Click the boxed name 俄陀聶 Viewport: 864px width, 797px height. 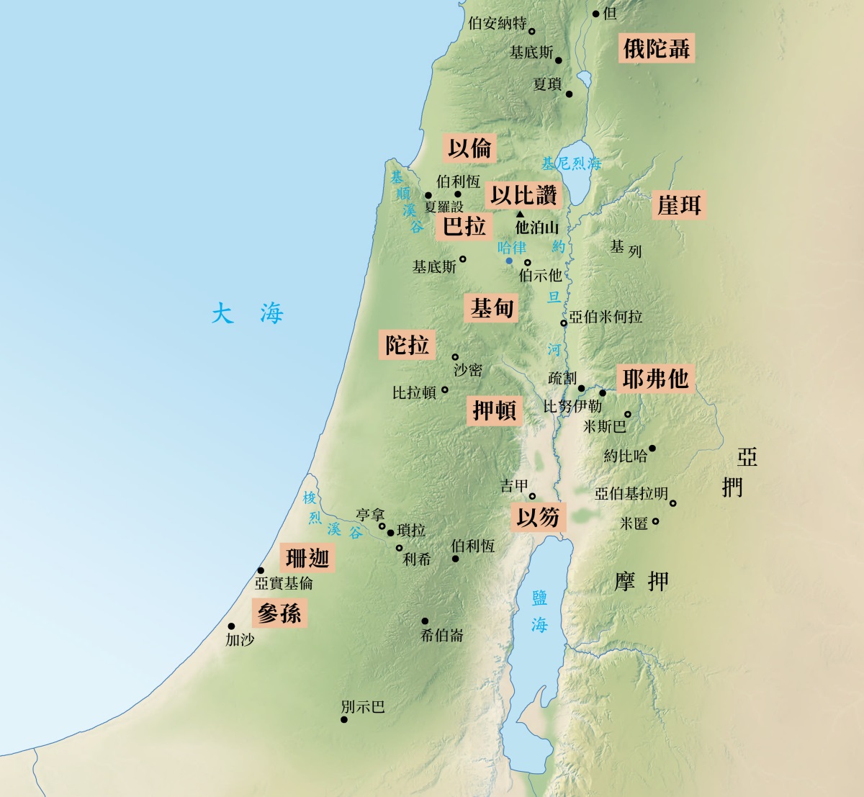[657, 49]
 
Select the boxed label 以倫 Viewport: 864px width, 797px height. [469, 149]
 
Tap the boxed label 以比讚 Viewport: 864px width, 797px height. [523, 195]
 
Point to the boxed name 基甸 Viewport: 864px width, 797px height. [492, 309]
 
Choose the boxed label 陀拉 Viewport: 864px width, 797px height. [407, 345]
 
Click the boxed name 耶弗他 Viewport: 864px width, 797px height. [655, 379]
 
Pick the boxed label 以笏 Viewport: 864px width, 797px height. [538, 517]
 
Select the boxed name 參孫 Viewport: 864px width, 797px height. [279, 613]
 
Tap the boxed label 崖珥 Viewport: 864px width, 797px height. [678, 205]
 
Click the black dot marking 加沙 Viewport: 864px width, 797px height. [232, 626]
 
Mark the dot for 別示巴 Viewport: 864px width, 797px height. [344, 720]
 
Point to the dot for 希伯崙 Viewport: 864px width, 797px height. [425, 621]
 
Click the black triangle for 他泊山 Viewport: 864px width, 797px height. [520, 215]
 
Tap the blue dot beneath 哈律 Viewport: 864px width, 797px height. [509, 261]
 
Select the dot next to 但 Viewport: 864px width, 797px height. [595, 14]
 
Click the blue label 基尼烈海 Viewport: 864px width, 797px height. [571, 163]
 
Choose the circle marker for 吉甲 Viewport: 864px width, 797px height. [532, 496]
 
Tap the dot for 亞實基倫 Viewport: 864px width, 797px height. [261, 570]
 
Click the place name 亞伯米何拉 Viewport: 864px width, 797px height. [606, 317]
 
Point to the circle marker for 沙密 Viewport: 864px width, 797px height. [455, 357]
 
